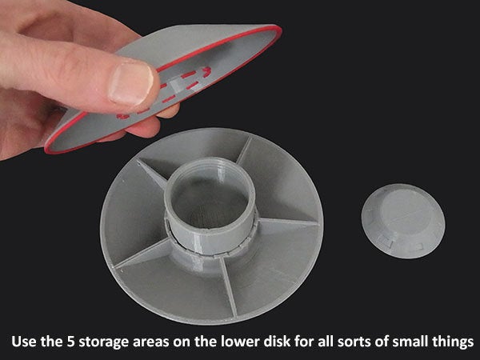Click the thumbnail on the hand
pos(131,83)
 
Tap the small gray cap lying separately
pos(403,221)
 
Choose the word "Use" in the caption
pos(24,341)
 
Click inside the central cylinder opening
pos(210,202)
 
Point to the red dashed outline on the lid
pos(166,91)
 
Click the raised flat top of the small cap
pos(404,211)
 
